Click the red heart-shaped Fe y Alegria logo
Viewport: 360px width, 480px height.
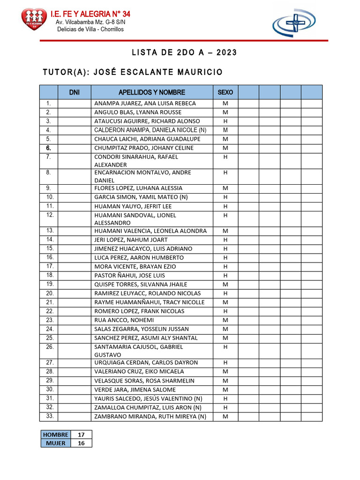point(34,19)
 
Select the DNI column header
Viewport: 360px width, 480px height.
point(74,92)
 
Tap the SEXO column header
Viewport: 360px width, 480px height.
point(225,92)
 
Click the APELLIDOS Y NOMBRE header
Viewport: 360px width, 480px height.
point(152,92)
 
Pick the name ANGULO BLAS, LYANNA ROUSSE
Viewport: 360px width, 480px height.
point(138,112)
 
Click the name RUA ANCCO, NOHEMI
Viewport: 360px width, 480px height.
point(124,320)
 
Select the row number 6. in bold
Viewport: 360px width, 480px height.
point(48,148)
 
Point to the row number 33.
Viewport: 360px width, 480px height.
point(50,416)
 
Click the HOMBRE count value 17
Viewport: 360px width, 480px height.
point(81,435)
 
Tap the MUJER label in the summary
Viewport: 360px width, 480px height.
point(56,443)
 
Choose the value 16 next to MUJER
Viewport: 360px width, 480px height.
point(81,443)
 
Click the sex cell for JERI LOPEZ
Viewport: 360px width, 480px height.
point(225,240)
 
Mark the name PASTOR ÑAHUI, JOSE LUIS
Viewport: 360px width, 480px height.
point(130,276)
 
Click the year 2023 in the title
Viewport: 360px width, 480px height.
point(226,52)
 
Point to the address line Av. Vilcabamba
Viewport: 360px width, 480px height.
point(90,22)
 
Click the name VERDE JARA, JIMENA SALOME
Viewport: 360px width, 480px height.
point(135,390)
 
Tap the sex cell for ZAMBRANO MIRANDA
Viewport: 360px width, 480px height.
point(225,416)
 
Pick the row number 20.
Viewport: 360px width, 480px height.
point(50,293)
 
